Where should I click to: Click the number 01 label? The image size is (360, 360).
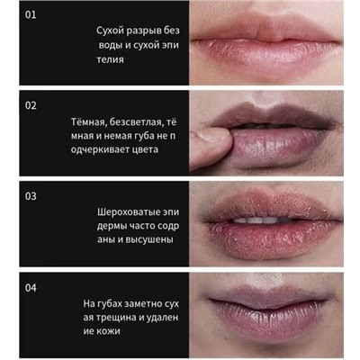[31, 14]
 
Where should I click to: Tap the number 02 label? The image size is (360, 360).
[31, 105]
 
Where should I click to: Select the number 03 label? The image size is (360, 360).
[31, 196]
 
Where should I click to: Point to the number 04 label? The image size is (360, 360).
[31, 288]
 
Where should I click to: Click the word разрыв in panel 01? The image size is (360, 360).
[145, 31]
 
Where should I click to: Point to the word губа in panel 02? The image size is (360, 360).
[143, 136]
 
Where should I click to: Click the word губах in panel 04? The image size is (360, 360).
[110, 303]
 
